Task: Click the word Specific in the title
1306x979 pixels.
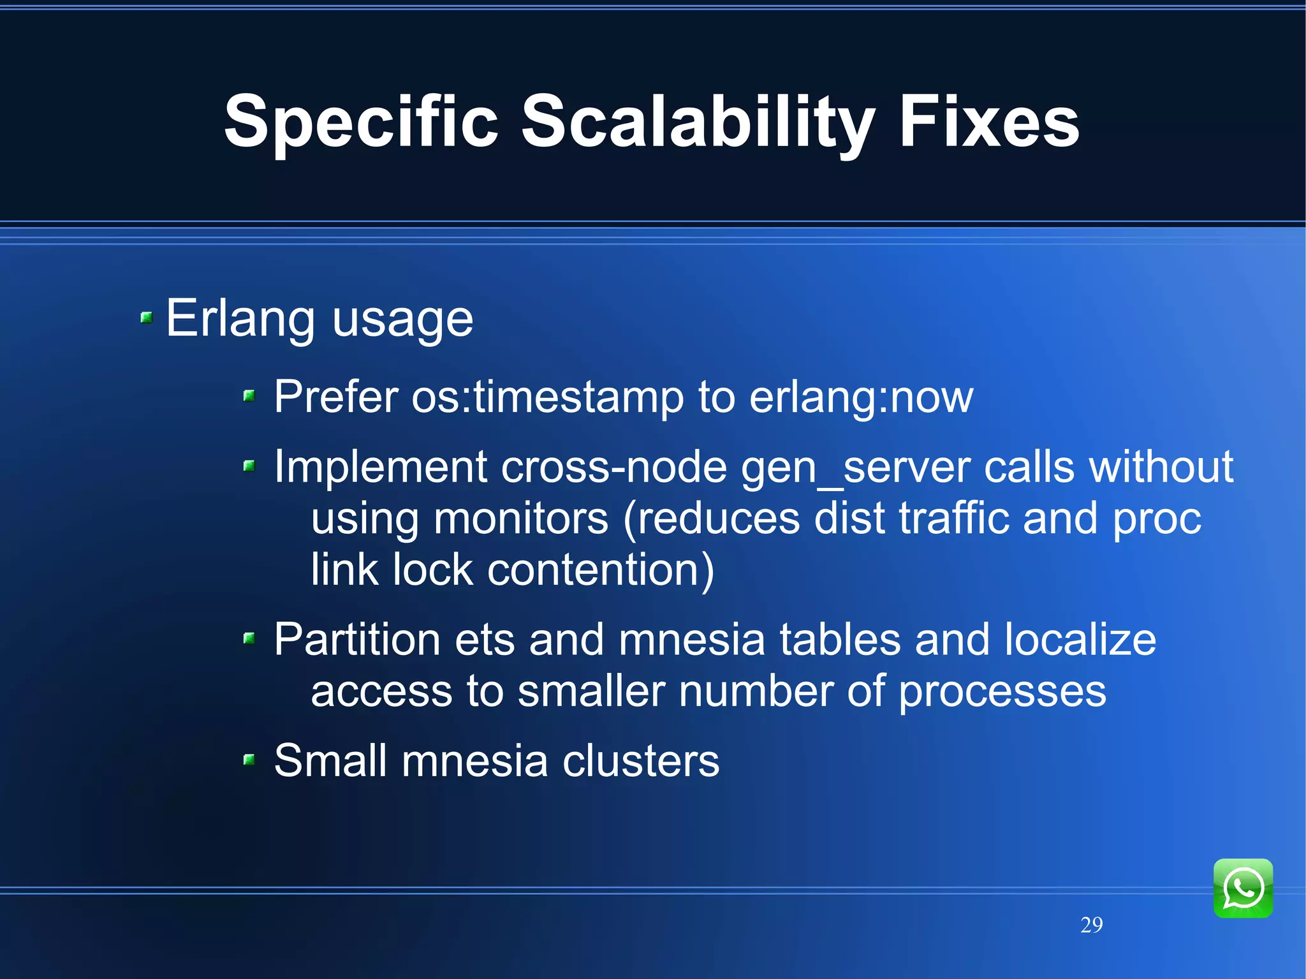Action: (x=361, y=122)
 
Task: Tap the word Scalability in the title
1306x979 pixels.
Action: (x=698, y=122)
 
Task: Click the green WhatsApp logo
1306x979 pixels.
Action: (x=1242, y=888)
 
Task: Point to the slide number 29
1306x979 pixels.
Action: (x=1091, y=924)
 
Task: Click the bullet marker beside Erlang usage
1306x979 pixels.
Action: (x=147, y=317)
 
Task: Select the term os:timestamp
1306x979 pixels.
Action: (x=547, y=397)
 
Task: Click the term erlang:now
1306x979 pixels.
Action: (x=861, y=397)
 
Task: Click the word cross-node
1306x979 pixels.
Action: (x=613, y=467)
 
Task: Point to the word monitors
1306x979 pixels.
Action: (x=520, y=519)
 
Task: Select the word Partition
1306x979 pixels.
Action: (x=357, y=640)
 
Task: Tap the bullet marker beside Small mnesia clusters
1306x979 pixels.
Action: (x=249, y=759)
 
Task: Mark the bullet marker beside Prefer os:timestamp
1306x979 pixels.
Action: (x=249, y=396)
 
